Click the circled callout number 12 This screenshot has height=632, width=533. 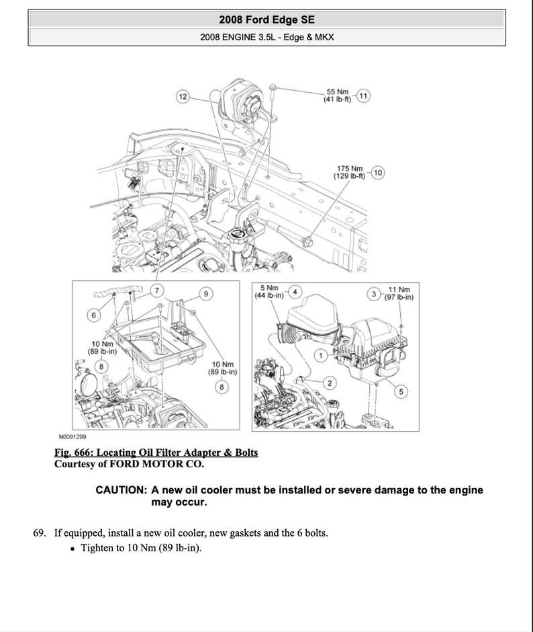(x=183, y=96)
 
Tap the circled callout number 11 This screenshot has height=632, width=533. (x=363, y=95)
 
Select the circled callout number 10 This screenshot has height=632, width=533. (x=377, y=173)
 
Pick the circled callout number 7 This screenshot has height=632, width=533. (x=156, y=290)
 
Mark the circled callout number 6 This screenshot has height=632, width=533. (x=95, y=315)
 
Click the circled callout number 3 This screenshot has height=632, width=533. (x=373, y=293)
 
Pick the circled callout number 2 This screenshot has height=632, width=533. (x=329, y=383)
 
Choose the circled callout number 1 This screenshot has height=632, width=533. (x=321, y=354)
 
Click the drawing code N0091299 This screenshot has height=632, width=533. (x=73, y=436)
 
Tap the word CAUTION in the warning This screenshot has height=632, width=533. (x=122, y=490)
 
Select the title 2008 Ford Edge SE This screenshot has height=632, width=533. (x=266, y=20)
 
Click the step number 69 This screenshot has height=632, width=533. (x=40, y=533)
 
